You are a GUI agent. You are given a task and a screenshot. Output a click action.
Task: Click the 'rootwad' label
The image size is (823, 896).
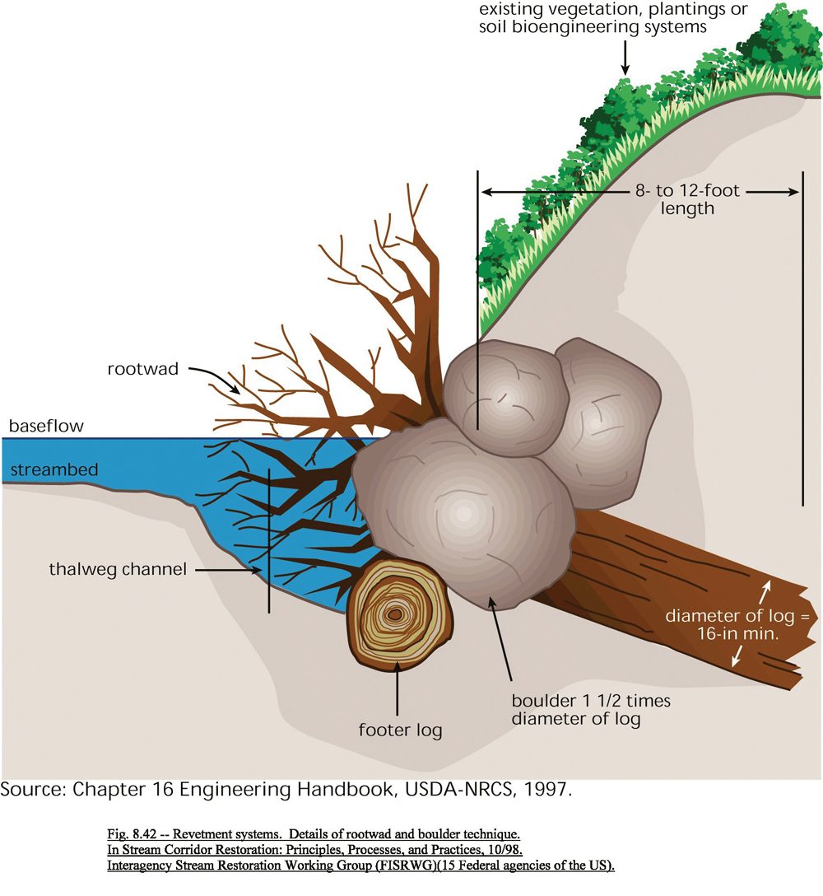(x=142, y=369)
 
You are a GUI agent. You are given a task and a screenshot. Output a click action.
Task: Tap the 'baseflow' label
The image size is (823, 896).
(x=47, y=427)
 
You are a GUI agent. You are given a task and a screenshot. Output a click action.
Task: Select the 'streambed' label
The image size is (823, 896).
(x=53, y=470)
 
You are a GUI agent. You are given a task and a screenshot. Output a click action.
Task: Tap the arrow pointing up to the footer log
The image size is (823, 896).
(x=398, y=692)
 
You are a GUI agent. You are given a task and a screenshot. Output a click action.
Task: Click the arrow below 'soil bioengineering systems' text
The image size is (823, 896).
(x=625, y=57)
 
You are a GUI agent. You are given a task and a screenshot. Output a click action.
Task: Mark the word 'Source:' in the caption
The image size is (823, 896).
(x=34, y=789)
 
